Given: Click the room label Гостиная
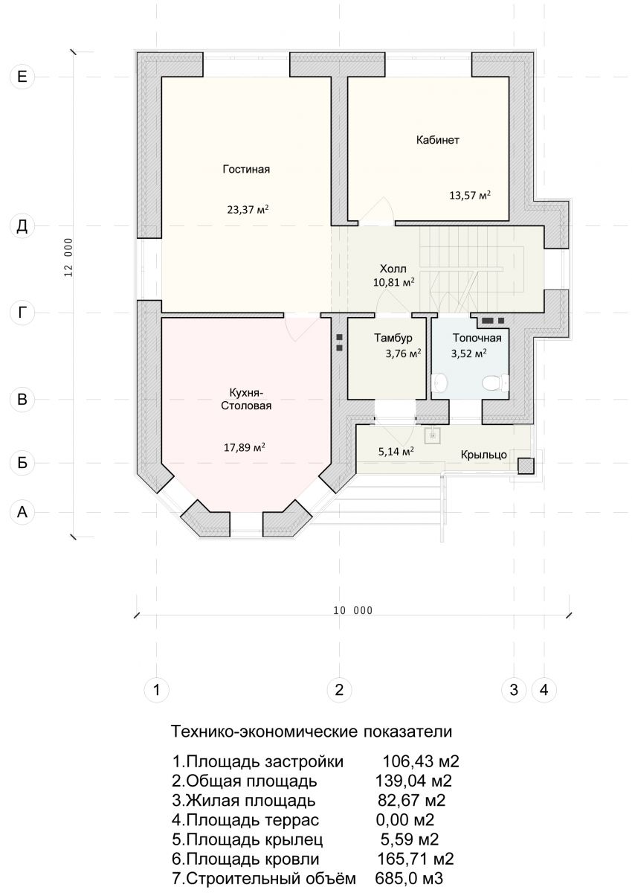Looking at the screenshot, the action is pos(246,170).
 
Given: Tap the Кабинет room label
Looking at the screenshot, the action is pos(438,141).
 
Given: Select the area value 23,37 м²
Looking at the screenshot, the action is pos(248,209).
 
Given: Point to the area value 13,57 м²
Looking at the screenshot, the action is pos(470,195).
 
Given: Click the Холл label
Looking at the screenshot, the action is pos(393,269).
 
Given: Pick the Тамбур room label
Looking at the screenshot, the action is pos(393,338).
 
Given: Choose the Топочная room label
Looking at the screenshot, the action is pos(477,339).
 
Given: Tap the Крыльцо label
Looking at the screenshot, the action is pos(484,455).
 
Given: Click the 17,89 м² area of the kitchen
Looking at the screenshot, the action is pos(245,447).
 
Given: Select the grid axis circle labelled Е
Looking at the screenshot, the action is pos(22,76).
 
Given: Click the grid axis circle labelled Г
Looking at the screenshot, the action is pos(22,313).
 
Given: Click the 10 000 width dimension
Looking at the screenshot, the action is pos(353,610).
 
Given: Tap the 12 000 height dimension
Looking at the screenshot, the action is pos(68,258).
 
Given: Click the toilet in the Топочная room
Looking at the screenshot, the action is pos(495,383).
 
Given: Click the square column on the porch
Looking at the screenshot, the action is pos(526,466).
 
